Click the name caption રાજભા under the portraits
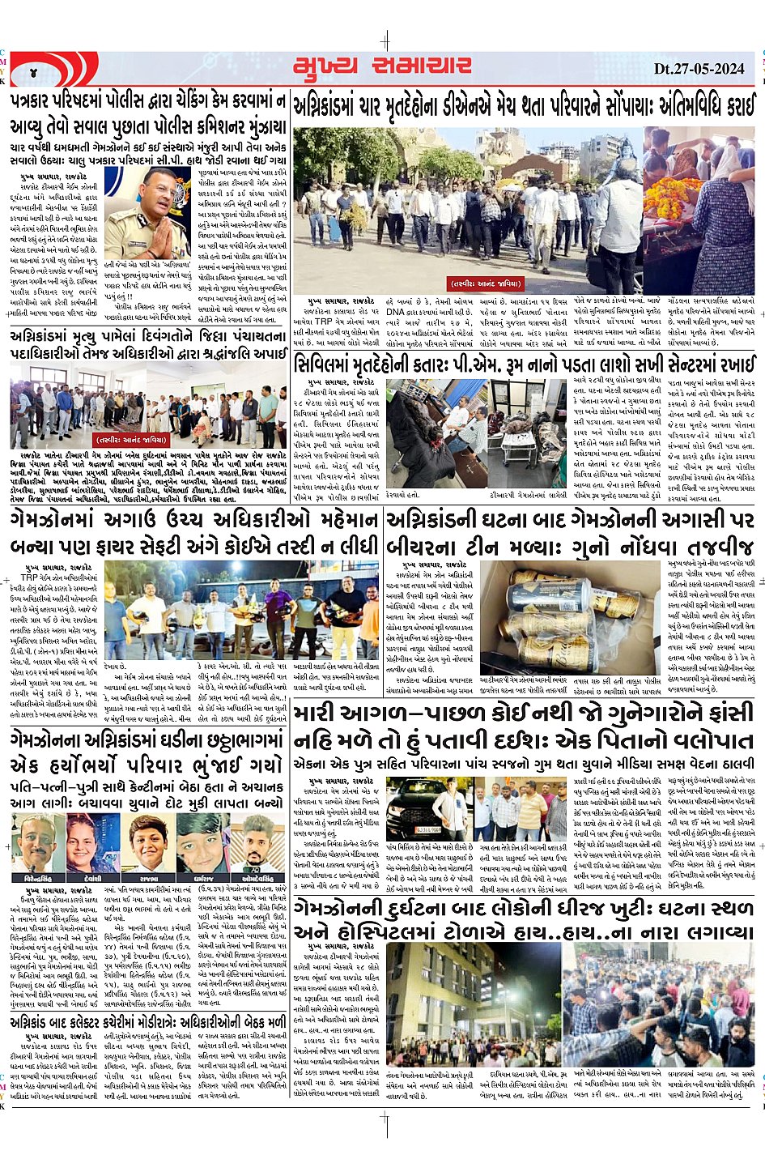point(148,878)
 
